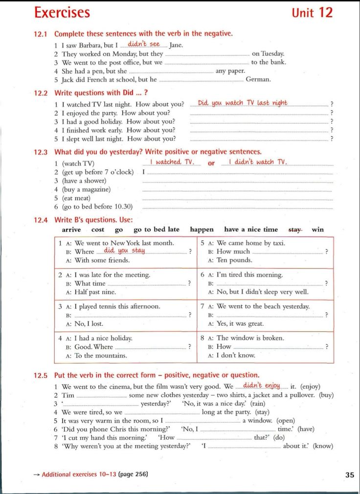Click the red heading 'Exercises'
[62, 12]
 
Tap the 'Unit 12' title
[312, 12]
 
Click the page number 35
[349, 474]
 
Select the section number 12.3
[41, 152]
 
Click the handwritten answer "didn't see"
[144, 44]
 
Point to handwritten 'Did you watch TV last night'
[243, 103]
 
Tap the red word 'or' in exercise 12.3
[211, 163]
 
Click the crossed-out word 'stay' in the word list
[295, 229]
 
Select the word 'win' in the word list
[318, 229]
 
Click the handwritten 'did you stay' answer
[124, 250]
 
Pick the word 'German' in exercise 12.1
[258, 79]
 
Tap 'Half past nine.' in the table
[95, 292]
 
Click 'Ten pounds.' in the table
[234, 260]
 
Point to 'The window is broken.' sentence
[250, 338]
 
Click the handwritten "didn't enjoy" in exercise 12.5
[262, 385]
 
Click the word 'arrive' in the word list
[71, 229]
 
